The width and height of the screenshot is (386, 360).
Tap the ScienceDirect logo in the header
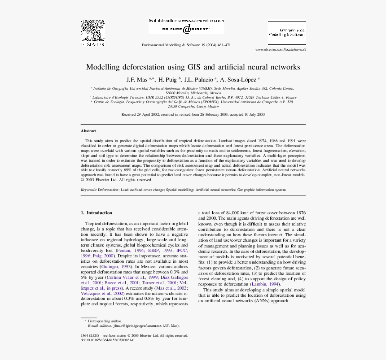(186, 29)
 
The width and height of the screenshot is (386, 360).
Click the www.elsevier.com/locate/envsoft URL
(280, 49)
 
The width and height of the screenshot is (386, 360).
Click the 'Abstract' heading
(88, 131)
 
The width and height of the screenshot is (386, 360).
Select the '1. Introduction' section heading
(96, 213)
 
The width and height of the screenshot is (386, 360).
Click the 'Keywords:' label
(88, 190)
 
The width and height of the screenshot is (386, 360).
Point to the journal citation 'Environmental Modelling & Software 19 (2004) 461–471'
(186, 45)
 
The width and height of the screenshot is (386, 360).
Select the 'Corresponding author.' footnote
(104, 321)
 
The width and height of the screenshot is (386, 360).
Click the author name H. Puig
(168, 79)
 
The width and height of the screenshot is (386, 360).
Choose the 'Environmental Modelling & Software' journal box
(287, 31)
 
